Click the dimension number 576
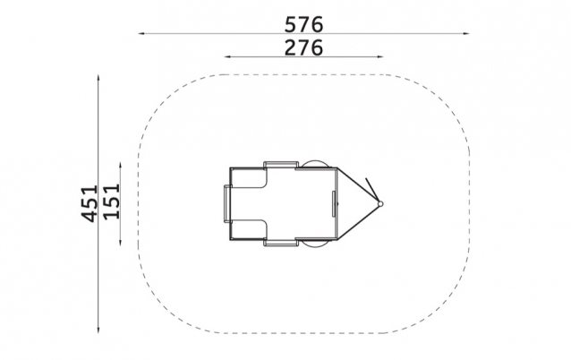point(303,24)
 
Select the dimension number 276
point(303,47)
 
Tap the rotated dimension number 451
point(89,203)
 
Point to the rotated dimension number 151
point(112,201)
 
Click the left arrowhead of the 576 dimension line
point(141,33)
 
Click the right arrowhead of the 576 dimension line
point(466,33)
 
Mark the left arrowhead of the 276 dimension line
point(227,56)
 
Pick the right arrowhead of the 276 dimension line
point(380,56)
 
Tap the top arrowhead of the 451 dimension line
point(98,78)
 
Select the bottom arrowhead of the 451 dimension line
point(98,330)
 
